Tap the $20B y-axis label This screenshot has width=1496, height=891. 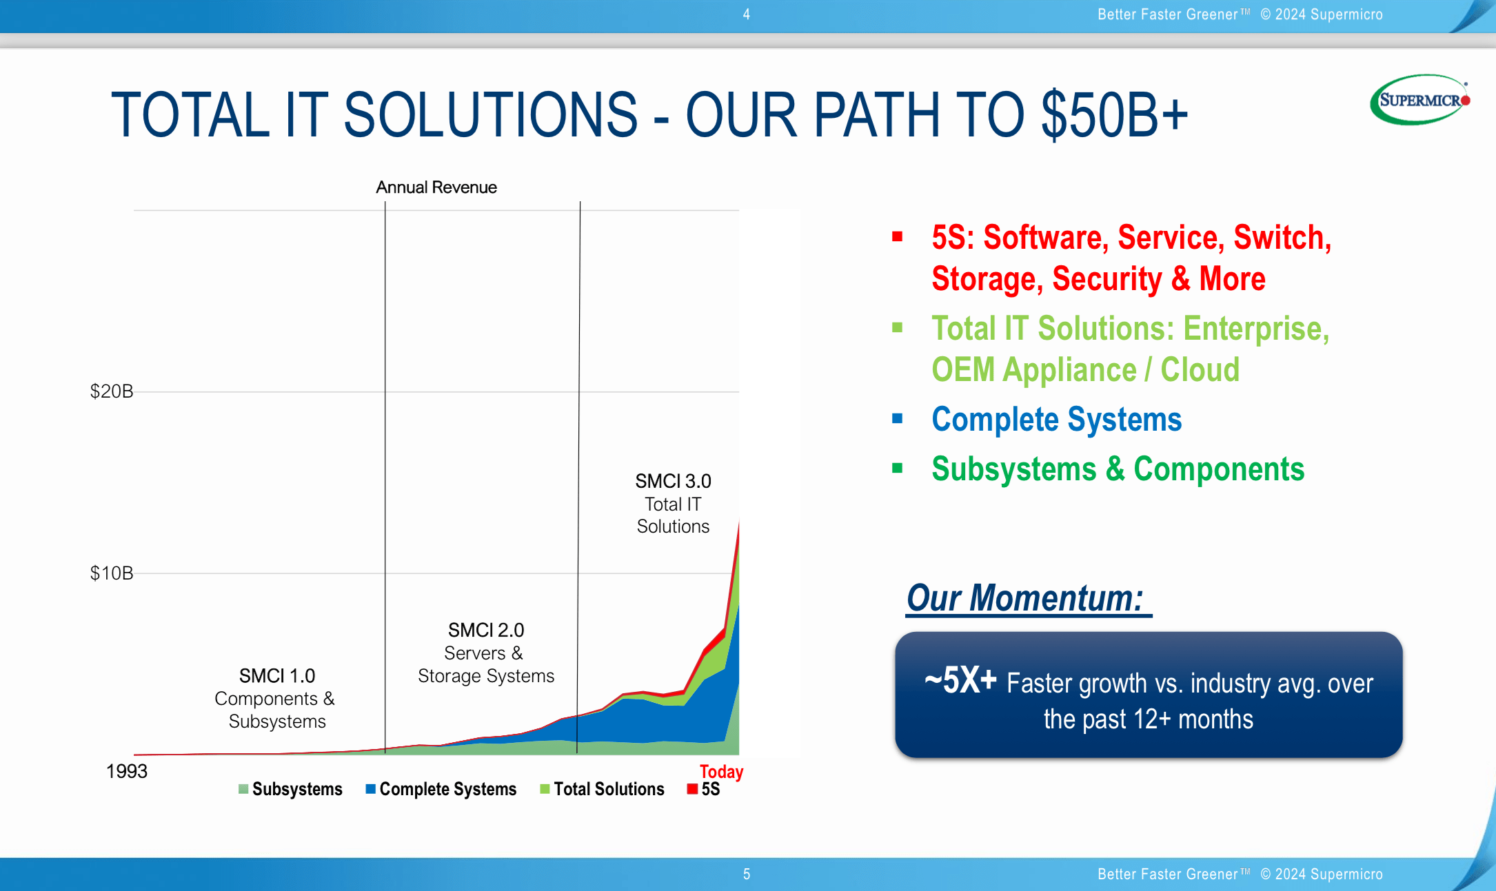coord(112,391)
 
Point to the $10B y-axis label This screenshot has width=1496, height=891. coord(112,573)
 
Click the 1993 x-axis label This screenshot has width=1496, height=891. coord(127,771)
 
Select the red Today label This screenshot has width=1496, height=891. coord(721,771)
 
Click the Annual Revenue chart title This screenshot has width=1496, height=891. coord(436,187)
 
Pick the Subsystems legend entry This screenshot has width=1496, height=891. coord(290,789)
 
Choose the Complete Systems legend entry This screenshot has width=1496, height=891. coord(441,789)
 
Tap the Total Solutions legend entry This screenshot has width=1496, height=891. coord(602,789)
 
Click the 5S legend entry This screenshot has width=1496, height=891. coord(704,789)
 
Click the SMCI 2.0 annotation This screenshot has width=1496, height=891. coord(486,653)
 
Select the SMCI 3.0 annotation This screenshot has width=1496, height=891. coord(673,504)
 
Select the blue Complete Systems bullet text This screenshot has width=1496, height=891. coord(1057,420)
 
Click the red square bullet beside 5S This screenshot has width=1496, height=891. coord(897,236)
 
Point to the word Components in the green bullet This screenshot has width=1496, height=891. coord(1219,469)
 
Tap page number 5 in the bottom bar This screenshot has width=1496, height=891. coord(747,874)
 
